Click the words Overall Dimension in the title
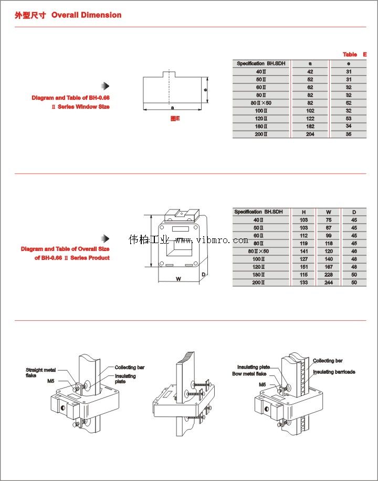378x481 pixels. pos(86,15)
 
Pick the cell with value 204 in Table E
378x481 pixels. pos(310,134)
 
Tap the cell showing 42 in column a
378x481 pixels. pos(310,71)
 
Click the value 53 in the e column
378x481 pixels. pos(349,119)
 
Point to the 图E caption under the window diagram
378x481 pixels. pos(175,119)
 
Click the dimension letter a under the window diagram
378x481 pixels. pos(172,108)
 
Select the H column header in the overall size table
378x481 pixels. pos(303,212)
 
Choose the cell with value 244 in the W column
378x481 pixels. pos(329,283)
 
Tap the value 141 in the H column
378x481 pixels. pos(303,252)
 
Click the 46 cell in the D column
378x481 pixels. pos(354,252)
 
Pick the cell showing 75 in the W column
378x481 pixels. pos(329,220)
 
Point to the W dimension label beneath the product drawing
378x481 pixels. pos(178,279)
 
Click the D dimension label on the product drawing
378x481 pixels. pos(203,275)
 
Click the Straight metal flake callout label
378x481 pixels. pos(40,373)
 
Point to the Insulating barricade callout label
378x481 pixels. pos(334,372)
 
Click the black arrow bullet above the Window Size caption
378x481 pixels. pos(105,86)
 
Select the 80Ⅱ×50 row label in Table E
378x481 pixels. pos(261,103)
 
